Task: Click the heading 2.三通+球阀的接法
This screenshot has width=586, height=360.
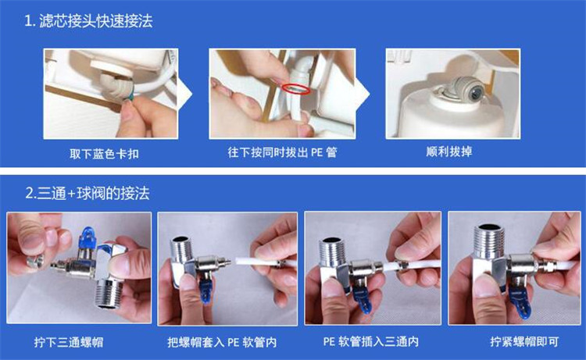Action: point(87,191)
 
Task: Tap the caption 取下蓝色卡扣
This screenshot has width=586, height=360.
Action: point(103,153)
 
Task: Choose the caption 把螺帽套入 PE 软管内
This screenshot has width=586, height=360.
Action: point(222,341)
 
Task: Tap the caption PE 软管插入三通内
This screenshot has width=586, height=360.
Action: point(370,341)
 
